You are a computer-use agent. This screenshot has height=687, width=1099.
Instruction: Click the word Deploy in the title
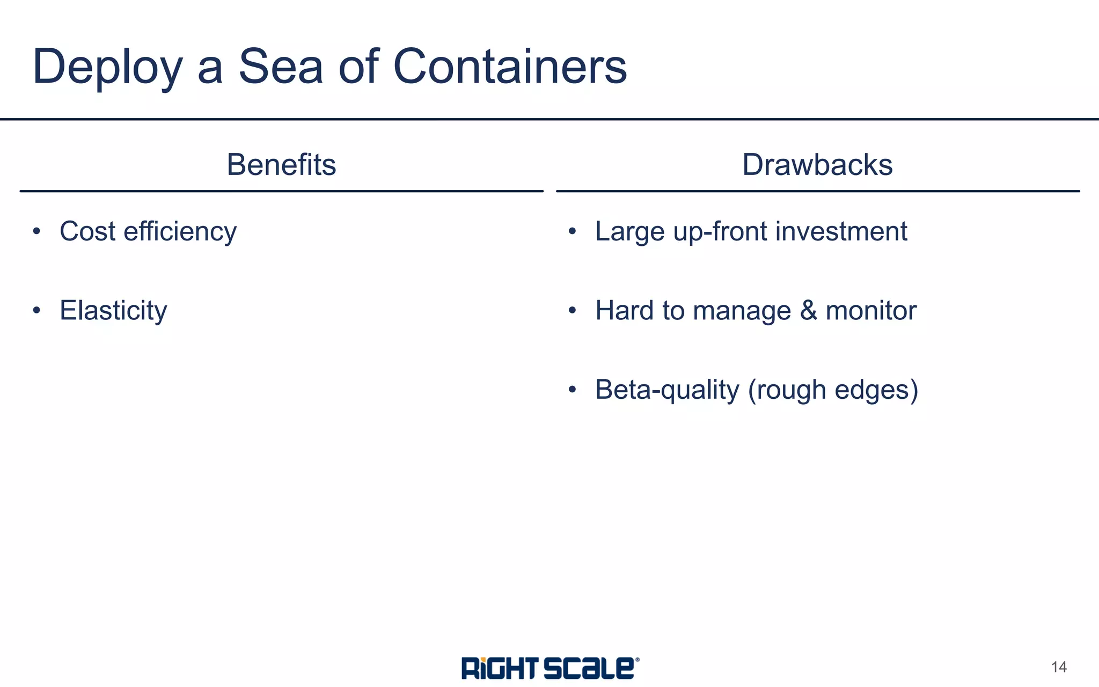[107, 67]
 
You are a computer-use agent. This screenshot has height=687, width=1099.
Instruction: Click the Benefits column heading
[281, 164]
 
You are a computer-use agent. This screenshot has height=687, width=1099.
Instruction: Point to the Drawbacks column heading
[817, 164]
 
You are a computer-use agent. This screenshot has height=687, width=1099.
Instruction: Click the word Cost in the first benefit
[87, 231]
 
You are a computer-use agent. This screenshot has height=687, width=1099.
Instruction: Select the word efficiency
[180, 232]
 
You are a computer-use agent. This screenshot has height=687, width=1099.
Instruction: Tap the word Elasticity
[113, 311]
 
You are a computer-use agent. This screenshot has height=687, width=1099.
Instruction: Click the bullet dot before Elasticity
[36, 310]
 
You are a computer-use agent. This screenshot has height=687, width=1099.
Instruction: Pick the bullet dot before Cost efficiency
[36, 231]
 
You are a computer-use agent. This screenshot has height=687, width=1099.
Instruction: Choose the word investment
[841, 231]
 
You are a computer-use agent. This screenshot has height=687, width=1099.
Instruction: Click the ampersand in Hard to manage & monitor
[808, 311]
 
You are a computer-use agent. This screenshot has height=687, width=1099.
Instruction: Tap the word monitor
[871, 311]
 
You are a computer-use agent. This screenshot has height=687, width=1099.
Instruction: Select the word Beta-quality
[667, 390]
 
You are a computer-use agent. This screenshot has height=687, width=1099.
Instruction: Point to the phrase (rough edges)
[833, 390]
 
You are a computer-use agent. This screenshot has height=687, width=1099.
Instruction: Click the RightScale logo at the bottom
[549, 668]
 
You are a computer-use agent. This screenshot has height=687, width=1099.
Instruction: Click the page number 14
[1059, 667]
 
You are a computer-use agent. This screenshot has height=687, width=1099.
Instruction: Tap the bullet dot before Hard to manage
[572, 310]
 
